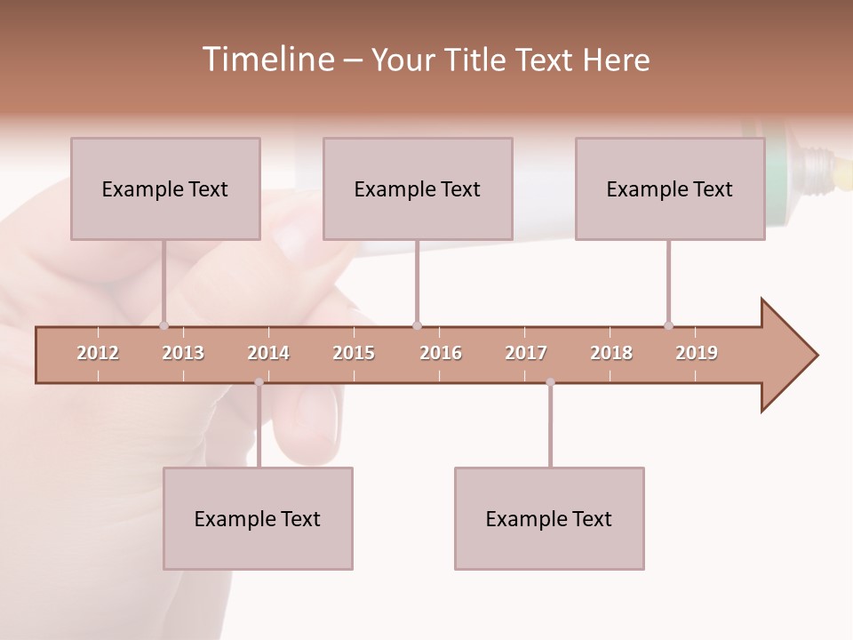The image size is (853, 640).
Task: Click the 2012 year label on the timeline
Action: click(x=98, y=353)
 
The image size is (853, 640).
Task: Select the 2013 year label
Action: click(x=183, y=353)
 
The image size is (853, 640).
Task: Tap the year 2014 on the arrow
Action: click(x=268, y=353)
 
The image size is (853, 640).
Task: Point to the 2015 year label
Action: click(x=354, y=353)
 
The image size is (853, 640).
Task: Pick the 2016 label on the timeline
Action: click(x=441, y=353)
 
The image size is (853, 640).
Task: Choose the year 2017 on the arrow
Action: click(x=526, y=353)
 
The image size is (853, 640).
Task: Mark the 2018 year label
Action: click(x=611, y=353)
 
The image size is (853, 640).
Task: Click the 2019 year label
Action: click(x=697, y=353)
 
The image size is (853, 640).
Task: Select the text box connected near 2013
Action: click(x=165, y=188)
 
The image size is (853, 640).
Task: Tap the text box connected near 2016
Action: click(x=418, y=188)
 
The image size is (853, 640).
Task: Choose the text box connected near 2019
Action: click(x=670, y=188)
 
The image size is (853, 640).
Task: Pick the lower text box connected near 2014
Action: click(x=258, y=518)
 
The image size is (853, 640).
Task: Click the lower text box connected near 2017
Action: click(x=549, y=518)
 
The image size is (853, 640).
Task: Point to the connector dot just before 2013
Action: click(x=163, y=325)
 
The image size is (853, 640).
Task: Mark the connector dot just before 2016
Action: click(x=417, y=325)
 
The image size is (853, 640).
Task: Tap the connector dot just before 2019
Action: click(x=668, y=325)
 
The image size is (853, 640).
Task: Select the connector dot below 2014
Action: click(x=259, y=382)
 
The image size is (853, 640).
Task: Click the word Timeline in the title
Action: click(x=267, y=60)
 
